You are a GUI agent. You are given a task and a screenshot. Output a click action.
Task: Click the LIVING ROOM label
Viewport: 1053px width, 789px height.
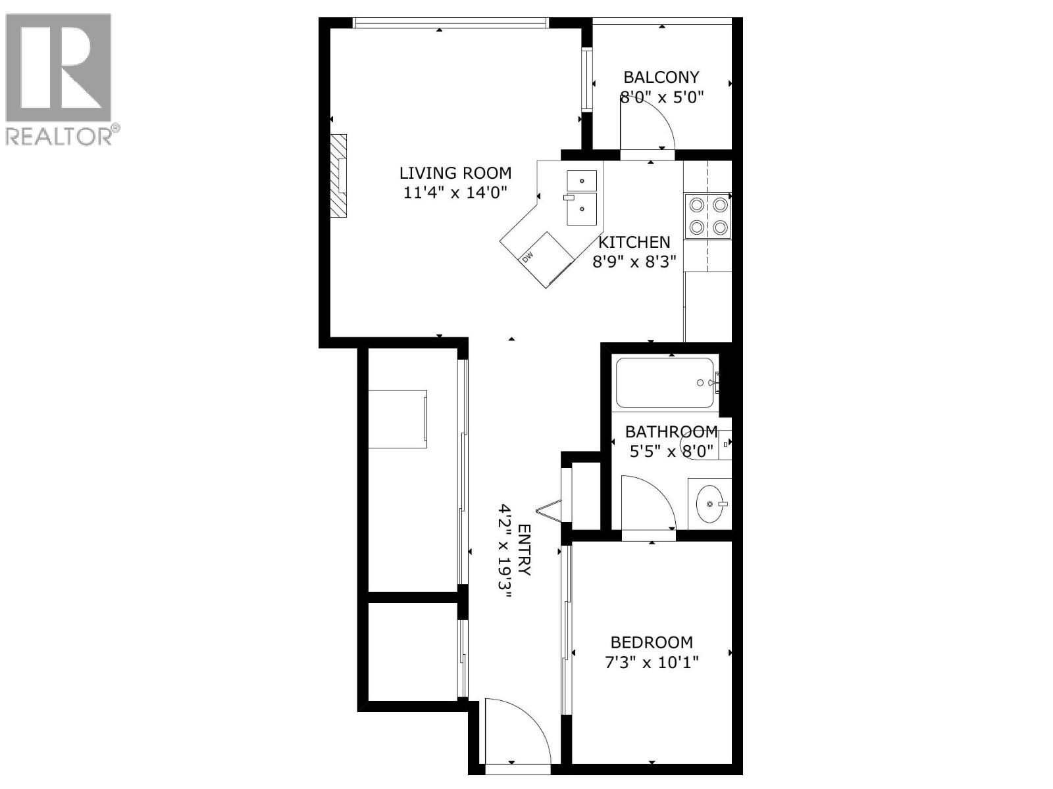[455, 173]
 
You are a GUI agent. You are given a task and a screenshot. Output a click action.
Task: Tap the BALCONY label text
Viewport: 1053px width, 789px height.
[661, 78]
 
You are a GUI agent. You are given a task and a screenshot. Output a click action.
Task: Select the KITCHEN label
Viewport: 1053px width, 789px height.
[634, 242]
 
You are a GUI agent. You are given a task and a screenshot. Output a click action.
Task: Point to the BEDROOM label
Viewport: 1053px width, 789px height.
[652, 642]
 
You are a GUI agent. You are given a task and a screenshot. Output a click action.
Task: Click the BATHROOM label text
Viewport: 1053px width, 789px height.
[671, 432]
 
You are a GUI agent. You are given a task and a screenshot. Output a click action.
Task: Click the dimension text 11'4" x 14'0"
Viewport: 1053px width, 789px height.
[455, 193]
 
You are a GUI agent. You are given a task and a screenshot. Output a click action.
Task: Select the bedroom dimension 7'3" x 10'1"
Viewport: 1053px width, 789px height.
[652, 661]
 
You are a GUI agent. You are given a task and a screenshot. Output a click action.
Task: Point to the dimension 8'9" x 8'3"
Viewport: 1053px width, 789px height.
[634, 262]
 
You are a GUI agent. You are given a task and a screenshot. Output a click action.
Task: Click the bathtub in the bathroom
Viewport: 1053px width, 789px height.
[665, 382]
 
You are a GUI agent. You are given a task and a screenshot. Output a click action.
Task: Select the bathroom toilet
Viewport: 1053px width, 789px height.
[711, 446]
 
